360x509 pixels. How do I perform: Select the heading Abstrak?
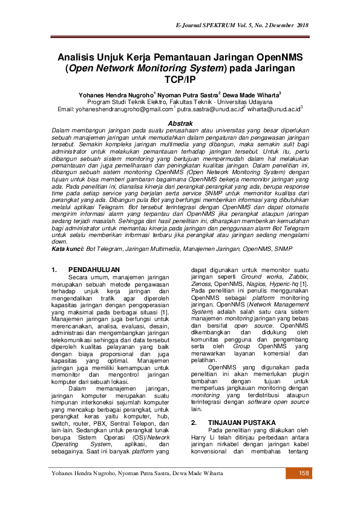pyautogui.click(x=180, y=122)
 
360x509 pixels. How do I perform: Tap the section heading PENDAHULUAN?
pyautogui.click(x=94, y=269)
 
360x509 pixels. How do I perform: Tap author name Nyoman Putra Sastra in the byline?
pyautogui.click(x=188, y=96)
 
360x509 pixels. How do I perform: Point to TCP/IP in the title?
pyautogui.click(x=180, y=79)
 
